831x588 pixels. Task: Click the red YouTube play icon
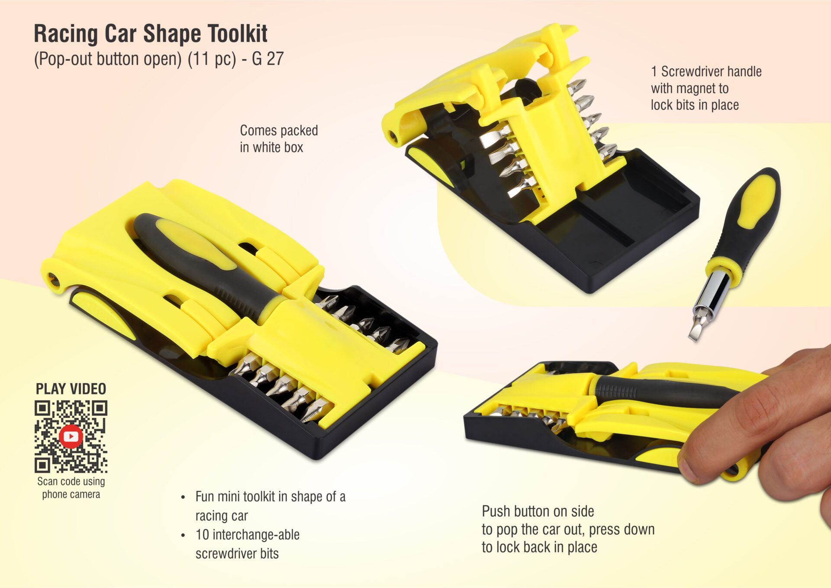click(x=71, y=436)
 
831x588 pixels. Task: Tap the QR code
click(x=71, y=436)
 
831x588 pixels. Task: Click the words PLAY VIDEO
click(x=71, y=389)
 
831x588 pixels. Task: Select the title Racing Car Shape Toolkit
click(x=151, y=34)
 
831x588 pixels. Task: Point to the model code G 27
click(x=267, y=59)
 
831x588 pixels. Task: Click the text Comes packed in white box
click(x=278, y=139)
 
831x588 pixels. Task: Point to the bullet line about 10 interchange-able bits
click(x=247, y=544)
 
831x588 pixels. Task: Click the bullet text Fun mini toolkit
click(x=270, y=506)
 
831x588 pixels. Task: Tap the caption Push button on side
click(x=568, y=529)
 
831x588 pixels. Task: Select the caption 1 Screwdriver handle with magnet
click(x=705, y=88)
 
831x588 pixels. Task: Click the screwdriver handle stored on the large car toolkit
click(x=203, y=260)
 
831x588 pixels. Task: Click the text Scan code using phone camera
click(x=71, y=488)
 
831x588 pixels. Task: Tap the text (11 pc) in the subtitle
click(x=212, y=59)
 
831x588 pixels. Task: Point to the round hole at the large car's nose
click(x=54, y=278)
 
